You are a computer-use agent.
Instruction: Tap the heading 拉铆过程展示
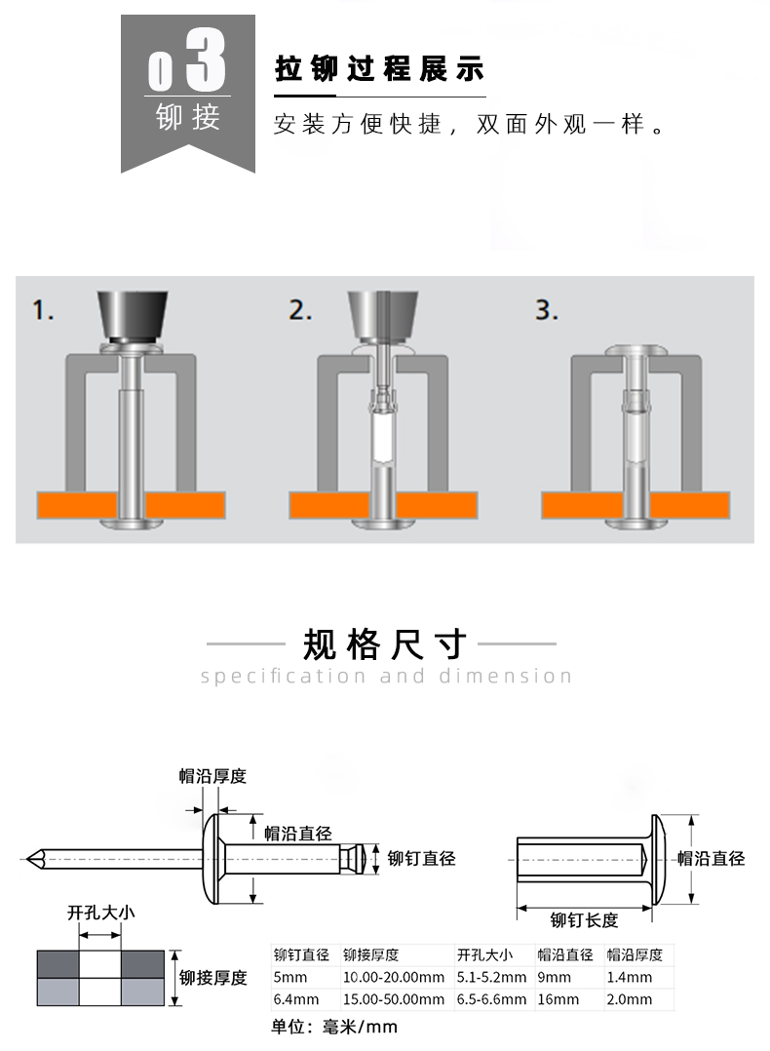point(379,71)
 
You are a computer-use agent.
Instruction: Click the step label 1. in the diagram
point(43,311)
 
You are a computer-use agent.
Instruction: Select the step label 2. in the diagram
point(300,311)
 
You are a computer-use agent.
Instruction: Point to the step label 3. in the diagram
point(547,311)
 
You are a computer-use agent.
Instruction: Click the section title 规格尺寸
point(385,643)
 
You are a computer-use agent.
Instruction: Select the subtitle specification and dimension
point(386,676)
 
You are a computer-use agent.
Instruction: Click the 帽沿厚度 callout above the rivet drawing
point(212,776)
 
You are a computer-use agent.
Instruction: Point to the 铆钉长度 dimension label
point(584,919)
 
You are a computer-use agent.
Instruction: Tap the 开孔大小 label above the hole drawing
point(100,914)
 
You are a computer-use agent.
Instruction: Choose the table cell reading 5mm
point(290,977)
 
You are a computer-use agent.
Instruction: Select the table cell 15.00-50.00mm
point(393,999)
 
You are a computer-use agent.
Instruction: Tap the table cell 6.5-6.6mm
point(491,999)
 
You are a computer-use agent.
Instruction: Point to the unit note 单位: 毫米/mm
point(333,1027)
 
